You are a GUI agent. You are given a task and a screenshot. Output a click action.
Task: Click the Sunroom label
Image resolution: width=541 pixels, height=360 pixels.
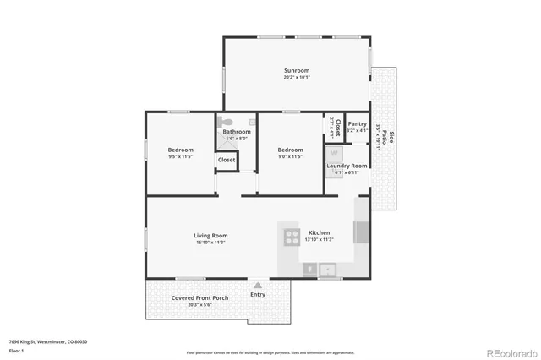[297, 70]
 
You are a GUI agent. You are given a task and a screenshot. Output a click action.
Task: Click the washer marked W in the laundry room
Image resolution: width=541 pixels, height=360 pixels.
[334, 153]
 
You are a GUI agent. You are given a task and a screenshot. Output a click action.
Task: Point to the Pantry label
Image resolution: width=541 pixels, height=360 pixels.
[358, 123]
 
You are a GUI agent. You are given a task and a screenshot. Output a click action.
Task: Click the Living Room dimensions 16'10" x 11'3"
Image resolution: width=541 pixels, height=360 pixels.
[210, 243]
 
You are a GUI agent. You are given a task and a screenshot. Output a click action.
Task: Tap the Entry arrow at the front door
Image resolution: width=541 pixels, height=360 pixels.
[258, 286]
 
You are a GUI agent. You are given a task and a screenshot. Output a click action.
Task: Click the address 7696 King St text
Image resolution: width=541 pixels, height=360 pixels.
[47, 341]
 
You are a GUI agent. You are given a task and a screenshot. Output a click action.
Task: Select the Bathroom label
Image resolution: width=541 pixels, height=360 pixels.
[237, 132]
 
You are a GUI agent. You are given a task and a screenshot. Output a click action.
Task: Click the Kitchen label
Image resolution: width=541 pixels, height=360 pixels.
[319, 232]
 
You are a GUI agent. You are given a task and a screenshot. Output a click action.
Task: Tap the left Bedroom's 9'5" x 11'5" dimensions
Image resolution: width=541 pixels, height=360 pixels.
[181, 156]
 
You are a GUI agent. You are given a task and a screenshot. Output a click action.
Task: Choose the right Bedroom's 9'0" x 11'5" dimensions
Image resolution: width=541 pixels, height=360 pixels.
[290, 156]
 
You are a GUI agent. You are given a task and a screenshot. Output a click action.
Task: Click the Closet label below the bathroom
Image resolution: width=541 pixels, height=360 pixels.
[227, 160]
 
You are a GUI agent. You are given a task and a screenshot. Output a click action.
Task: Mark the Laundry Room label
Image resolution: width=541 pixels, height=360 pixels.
[347, 166]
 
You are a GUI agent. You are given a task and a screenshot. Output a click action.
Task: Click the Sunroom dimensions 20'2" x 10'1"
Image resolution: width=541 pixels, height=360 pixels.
[297, 77]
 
